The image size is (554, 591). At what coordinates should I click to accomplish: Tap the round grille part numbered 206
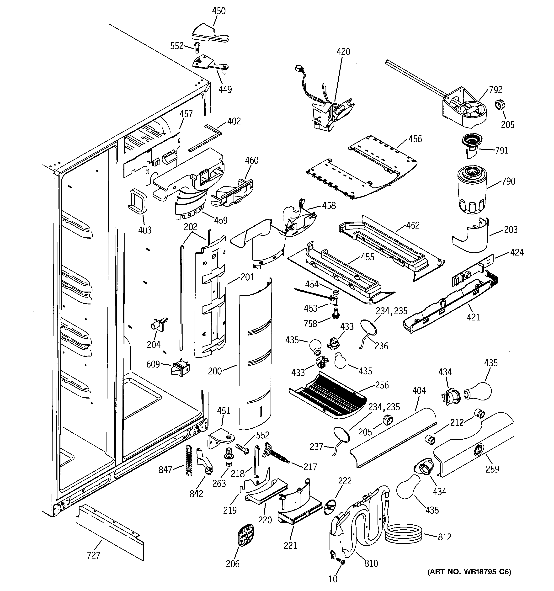tap(246, 535)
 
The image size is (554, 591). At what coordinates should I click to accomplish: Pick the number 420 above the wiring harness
tap(343, 52)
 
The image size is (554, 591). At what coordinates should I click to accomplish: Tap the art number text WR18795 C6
tap(469, 571)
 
